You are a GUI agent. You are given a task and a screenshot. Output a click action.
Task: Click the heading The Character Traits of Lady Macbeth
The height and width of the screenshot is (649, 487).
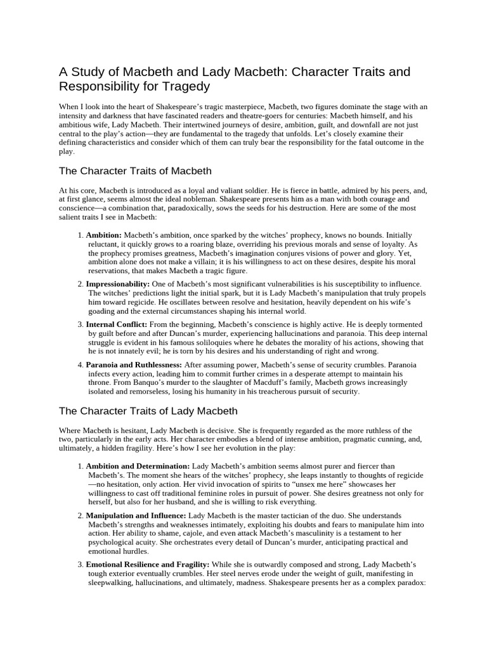[148, 411]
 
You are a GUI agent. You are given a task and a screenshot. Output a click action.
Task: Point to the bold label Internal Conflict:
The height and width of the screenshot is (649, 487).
[117, 324]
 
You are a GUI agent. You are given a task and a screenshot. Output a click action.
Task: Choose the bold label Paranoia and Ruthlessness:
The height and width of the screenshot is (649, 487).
[134, 364]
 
